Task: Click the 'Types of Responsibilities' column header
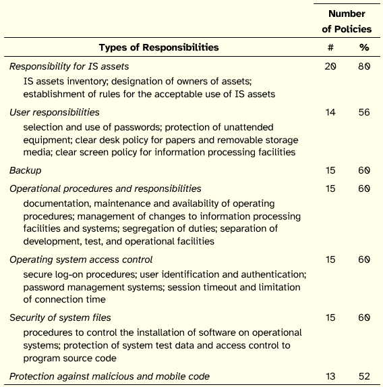coord(158,47)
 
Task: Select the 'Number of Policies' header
coord(347,21)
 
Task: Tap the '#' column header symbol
coord(330,47)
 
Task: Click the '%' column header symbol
coord(364,47)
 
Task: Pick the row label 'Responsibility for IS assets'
coord(69,66)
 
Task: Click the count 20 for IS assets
coord(330,66)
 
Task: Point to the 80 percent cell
coord(364,66)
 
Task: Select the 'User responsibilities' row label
coord(55,112)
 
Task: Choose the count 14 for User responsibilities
coord(330,112)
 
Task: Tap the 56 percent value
coord(364,112)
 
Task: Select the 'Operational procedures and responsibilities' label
coord(105,188)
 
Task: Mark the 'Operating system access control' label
coord(81,259)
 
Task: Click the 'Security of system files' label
coord(61,317)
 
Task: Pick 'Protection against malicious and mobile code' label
coord(110,376)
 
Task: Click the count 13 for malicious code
coord(330,376)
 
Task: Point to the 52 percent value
coord(364,376)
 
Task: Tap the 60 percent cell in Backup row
coord(364,171)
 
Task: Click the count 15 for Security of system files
coord(330,317)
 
